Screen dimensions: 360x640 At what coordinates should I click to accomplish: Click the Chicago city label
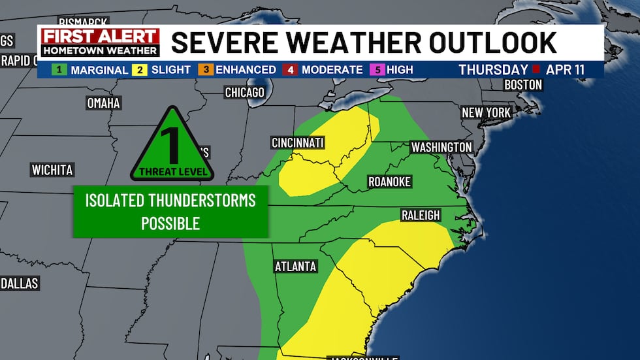pyautogui.click(x=244, y=92)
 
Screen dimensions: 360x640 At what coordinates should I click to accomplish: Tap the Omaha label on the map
pyautogui.click(x=103, y=103)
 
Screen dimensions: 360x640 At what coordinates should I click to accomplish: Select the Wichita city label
pyautogui.click(x=52, y=170)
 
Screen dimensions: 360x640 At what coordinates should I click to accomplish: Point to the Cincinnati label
pyautogui.click(x=298, y=143)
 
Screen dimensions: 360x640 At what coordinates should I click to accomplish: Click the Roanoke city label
pyautogui.click(x=389, y=182)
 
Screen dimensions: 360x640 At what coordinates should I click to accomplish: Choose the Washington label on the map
pyautogui.click(x=441, y=147)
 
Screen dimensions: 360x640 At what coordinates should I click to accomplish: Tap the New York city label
pyautogui.click(x=486, y=113)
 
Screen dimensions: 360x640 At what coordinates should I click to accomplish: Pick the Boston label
pyautogui.click(x=523, y=85)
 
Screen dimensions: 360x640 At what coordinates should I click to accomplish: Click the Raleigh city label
pyautogui.click(x=421, y=216)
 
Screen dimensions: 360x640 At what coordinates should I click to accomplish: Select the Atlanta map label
pyautogui.click(x=295, y=267)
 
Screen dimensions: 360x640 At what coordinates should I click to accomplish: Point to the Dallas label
pyautogui.click(x=20, y=284)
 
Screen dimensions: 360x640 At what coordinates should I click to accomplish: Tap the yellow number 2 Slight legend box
pyautogui.click(x=140, y=69)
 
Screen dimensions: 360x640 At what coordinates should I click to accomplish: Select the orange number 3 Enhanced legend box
pyautogui.click(x=206, y=69)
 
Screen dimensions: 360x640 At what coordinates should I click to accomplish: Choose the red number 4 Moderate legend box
pyautogui.click(x=290, y=69)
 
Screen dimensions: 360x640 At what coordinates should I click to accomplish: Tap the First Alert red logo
pyautogui.click(x=101, y=37)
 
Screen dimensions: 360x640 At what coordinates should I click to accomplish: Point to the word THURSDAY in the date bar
pyautogui.click(x=493, y=69)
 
